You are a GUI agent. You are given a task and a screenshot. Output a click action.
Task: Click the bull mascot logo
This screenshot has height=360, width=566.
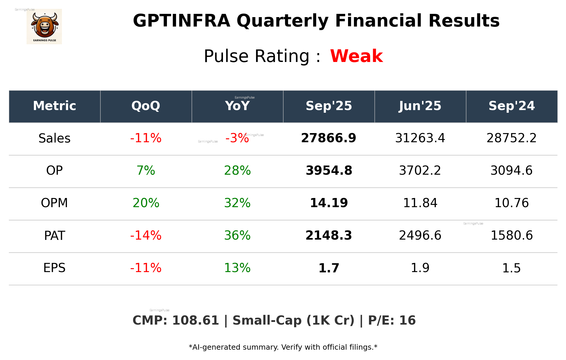44,27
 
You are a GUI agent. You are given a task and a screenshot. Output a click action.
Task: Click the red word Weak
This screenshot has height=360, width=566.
356,56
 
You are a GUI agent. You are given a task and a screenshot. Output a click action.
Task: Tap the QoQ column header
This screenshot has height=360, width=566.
146,106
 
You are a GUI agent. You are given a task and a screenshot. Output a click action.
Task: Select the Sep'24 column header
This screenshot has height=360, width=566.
511,106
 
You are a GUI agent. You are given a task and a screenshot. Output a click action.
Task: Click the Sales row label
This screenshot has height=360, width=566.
55,138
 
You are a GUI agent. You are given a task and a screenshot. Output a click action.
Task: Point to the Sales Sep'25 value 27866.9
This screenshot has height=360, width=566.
329,138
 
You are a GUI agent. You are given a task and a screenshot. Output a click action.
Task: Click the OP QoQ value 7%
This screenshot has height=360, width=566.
146,171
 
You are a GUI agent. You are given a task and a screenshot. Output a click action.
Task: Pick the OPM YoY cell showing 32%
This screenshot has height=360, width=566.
237,203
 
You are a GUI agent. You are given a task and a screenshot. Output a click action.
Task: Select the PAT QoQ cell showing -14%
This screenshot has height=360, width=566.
146,235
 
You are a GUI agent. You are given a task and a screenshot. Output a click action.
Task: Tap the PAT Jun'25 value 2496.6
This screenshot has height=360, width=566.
420,235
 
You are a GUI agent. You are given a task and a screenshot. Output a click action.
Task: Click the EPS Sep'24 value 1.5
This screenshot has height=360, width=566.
511,268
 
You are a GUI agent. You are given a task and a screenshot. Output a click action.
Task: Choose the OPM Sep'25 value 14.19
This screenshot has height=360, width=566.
329,203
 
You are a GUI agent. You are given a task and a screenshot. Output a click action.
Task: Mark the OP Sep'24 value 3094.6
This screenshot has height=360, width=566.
511,171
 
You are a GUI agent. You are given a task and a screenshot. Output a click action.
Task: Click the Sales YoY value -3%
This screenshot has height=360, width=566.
237,138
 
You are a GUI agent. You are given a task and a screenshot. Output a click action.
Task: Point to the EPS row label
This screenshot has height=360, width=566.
55,268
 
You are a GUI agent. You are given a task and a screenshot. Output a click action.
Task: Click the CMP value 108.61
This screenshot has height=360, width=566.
195,320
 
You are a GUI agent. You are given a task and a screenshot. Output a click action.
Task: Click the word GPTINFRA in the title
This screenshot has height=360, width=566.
181,21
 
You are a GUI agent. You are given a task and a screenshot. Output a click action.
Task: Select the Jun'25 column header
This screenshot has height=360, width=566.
420,106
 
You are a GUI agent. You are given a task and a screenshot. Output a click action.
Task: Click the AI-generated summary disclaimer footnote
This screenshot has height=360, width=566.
283,347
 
